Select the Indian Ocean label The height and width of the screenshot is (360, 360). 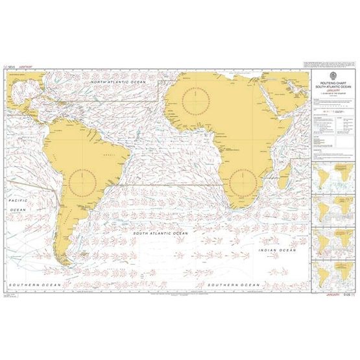pos(277,250)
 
